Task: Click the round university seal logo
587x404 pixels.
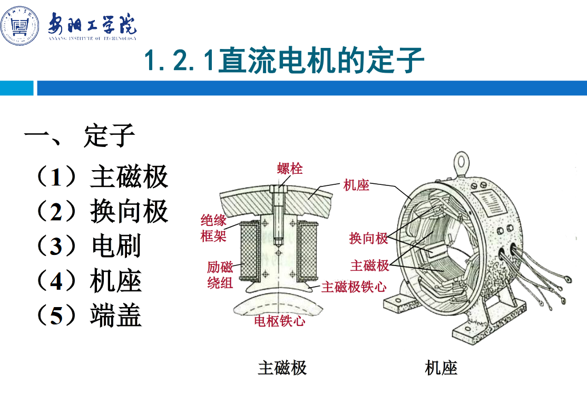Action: pyautogui.click(x=19, y=26)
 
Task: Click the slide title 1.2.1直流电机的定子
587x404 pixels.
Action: pyautogui.click(x=284, y=60)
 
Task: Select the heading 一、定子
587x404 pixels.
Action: pyautogui.click(x=80, y=135)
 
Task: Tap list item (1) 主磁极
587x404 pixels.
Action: pyautogui.click(x=102, y=176)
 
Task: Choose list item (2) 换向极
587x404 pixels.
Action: pyautogui.click(x=102, y=211)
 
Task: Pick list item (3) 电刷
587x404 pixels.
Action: pyautogui.click(x=89, y=246)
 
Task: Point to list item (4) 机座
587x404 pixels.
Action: pyautogui.click(x=89, y=281)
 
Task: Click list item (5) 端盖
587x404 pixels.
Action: pyautogui.click(x=89, y=316)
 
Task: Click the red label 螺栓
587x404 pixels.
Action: pyautogui.click(x=290, y=169)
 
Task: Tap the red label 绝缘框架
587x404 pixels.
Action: pyautogui.click(x=213, y=228)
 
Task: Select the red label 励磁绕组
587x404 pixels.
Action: pyautogui.click(x=220, y=275)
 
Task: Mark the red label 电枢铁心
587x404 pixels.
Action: pyautogui.click(x=279, y=321)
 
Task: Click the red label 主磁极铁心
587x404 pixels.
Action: pyautogui.click(x=354, y=287)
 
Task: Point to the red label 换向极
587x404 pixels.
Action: pyautogui.click(x=368, y=238)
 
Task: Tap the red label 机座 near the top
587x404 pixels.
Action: pyautogui.click(x=356, y=185)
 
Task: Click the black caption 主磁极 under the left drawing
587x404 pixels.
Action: pyautogui.click(x=282, y=368)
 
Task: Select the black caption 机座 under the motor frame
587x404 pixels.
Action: pyautogui.click(x=441, y=368)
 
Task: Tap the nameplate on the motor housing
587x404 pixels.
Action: pyautogui.click(x=491, y=202)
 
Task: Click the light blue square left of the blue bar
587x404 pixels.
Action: pyautogui.click(x=16, y=88)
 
